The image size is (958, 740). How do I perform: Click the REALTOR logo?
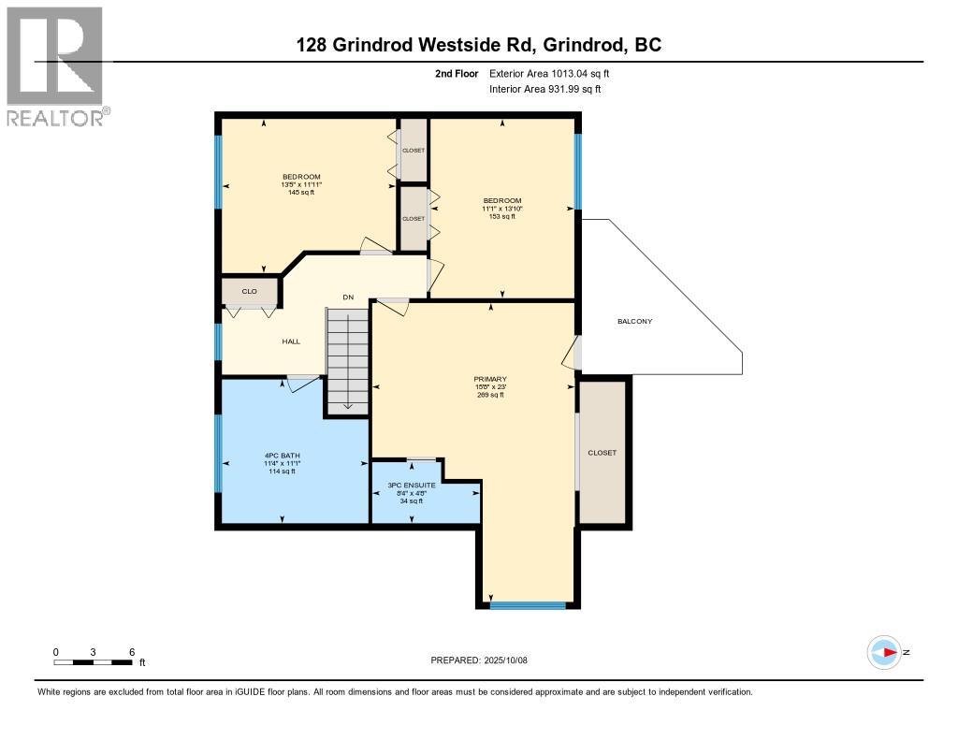point(56,65)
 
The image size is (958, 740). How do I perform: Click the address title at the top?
point(479,44)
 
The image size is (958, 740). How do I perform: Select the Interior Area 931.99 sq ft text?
point(544,89)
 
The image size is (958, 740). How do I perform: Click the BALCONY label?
point(634,322)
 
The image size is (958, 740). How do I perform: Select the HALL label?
point(291,341)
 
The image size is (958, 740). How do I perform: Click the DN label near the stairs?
point(348,297)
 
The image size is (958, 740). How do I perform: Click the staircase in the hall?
point(348,361)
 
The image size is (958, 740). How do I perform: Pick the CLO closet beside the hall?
point(250,292)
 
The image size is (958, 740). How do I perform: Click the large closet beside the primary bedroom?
point(602,452)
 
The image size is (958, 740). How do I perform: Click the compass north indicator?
point(884,653)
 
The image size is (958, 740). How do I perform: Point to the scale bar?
point(94,662)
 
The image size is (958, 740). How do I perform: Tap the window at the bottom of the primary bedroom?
point(529,605)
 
